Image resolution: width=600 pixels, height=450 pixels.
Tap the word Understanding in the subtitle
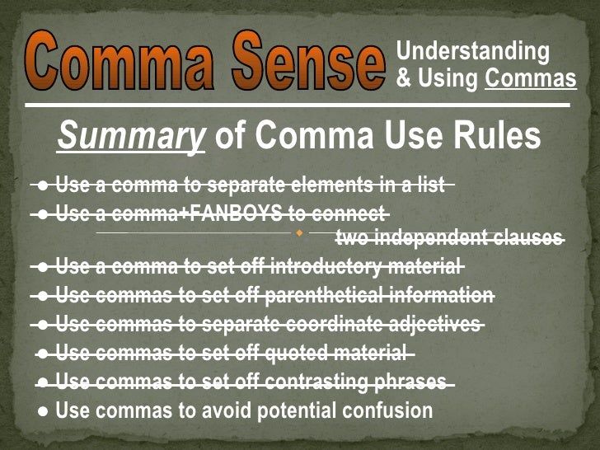tap(472, 51)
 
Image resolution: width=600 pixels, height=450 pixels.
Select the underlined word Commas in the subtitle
tap(530, 79)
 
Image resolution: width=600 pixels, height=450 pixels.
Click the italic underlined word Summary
tap(130, 137)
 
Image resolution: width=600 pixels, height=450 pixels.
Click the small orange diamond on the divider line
tap(299, 233)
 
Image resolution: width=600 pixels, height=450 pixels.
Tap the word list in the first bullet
tap(430, 185)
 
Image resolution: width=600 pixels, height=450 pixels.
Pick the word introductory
tap(321, 267)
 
